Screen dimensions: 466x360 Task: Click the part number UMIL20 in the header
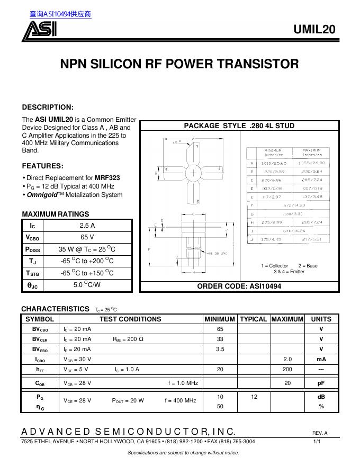pos(314,30)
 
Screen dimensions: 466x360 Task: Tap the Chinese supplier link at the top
pos(60,14)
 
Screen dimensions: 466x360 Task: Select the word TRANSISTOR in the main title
pos(259,65)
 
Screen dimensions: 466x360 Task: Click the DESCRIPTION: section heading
pos(48,107)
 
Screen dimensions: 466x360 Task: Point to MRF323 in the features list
pos(110,178)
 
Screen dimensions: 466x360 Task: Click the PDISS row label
pos(32,249)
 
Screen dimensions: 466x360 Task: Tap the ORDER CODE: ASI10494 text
pos(239,286)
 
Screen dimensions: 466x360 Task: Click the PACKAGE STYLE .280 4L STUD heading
pos(239,126)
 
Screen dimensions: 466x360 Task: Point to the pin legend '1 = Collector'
pos(275,266)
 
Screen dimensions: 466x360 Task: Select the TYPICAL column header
pos(253,319)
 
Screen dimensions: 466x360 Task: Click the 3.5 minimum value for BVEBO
pos(220,349)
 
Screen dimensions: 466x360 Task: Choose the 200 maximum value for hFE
pos(287,369)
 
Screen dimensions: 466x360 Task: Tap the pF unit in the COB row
pos(321,383)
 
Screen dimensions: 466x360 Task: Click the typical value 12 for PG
pos(254,396)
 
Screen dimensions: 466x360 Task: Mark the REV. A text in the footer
pos(320,433)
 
